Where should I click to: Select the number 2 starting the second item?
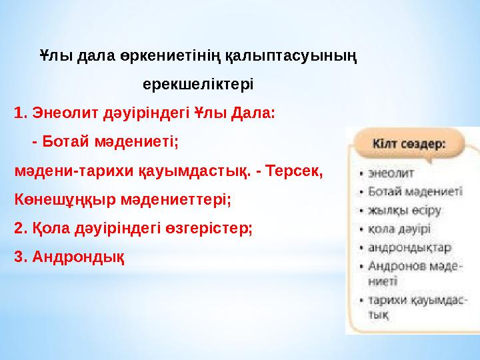[x=18, y=227]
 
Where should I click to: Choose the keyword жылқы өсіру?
[x=403, y=210]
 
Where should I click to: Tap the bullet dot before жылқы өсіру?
[x=361, y=211]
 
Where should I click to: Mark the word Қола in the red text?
[x=44, y=227]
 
